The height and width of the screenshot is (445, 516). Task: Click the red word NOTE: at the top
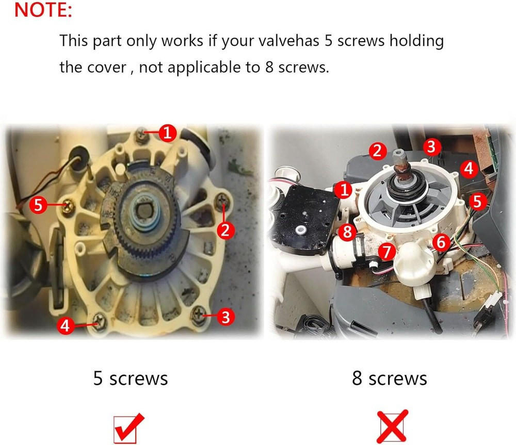tap(43, 9)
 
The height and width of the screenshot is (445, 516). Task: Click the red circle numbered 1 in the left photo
tap(168, 133)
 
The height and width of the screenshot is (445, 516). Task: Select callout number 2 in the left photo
tap(225, 230)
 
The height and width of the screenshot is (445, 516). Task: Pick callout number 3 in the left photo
tap(225, 317)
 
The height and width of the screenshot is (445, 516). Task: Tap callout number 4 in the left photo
tap(66, 325)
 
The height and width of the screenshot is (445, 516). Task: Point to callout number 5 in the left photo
tap(38, 205)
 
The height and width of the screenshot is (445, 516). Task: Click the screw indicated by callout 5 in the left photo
tap(68, 207)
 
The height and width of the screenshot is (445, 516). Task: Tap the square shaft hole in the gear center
tap(144, 211)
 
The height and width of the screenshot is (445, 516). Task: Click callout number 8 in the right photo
tap(347, 232)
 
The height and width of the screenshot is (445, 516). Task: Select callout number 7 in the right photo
tap(386, 252)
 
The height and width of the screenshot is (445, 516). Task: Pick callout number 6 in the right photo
tap(441, 242)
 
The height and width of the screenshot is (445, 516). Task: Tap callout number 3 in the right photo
tap(432, 146)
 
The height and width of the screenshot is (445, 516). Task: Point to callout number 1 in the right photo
tap(344, 190)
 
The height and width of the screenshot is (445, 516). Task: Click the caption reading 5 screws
tap(131, 378)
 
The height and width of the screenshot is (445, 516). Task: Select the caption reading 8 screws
tap(389, 378)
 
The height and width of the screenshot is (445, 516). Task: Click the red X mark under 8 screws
tap(392, 426)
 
